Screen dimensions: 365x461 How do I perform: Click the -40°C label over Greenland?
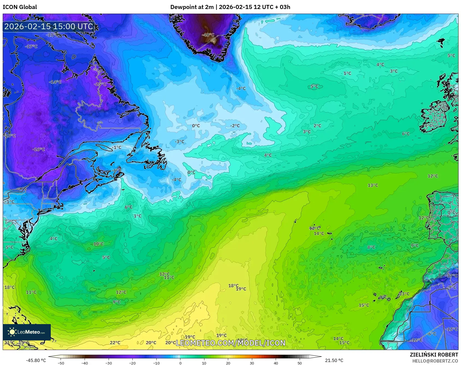click(x=208, y=35)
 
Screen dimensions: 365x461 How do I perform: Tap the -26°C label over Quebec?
click(x=38, y=149)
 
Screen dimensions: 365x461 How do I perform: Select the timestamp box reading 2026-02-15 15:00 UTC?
click(x=49, y=26)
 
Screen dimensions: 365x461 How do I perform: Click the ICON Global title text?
click(x=20, y=7)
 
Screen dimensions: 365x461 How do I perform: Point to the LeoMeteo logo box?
click(x=27, y=332)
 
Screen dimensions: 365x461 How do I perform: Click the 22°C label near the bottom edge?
click(x=115, y=343)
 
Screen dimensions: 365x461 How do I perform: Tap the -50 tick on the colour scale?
click(x=61, y=363)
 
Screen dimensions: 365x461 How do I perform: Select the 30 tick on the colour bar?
click(x=252, y=363)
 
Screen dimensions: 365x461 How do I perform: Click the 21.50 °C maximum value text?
click(x=334, y=360)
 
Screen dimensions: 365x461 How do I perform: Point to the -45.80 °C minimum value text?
click(x=36, y=360)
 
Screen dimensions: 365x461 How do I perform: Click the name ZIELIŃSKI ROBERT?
click(x=434, y=355)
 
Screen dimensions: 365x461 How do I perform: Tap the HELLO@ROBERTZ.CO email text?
click(x=435, y=361)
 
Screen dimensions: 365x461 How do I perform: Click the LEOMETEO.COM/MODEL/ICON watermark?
click(x=231, y=343)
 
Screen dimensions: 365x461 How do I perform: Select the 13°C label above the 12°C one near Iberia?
click(x=373, y=185)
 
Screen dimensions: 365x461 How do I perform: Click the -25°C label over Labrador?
click(x=100, y=84)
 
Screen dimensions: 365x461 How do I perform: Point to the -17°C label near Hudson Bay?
click(x=31, y=47)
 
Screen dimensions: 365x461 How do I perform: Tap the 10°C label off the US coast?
click(x=99, y=244)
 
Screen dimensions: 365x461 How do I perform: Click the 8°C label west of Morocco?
click(x=371, y=247)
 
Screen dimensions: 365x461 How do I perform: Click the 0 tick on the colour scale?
click(x=180, y=363)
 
